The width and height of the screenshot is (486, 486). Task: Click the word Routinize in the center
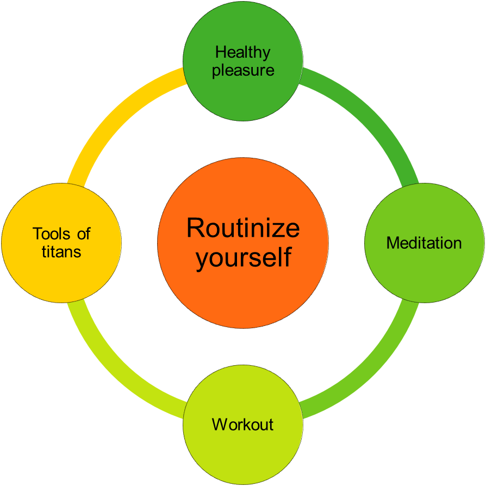243,228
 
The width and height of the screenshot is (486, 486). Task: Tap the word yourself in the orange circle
243,257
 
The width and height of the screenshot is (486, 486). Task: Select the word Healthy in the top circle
242,53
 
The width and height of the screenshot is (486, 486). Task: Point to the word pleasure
243,71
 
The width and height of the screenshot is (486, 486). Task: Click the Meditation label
424,243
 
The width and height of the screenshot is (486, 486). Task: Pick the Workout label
242,424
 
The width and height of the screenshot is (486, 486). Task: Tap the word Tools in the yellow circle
52,234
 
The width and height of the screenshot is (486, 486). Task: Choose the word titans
61,251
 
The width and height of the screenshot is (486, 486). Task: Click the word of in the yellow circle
83,234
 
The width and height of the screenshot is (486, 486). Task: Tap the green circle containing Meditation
424,272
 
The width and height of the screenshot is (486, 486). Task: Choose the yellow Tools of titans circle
61,278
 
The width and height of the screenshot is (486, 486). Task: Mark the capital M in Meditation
392,243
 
